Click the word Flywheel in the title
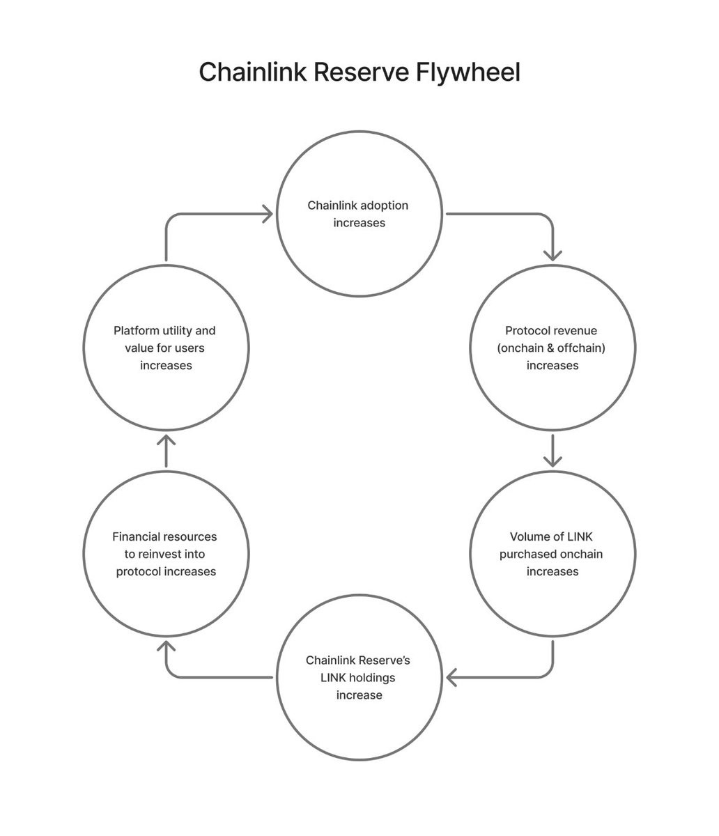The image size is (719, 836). [x=468, y=72]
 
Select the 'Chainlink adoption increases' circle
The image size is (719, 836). [x=359, y=214]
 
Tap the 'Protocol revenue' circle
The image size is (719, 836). [x=552, y=347]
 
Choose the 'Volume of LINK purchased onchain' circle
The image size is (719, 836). [x=552, y=554]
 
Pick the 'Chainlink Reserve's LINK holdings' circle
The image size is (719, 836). [x=359, y=677]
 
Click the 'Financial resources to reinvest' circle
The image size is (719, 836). [x=166, y=554]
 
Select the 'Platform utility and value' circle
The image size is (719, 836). [x=166, y=347]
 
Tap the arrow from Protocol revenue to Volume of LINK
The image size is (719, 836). [x=552, y=450]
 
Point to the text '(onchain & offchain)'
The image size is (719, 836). [x=552, y=348]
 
